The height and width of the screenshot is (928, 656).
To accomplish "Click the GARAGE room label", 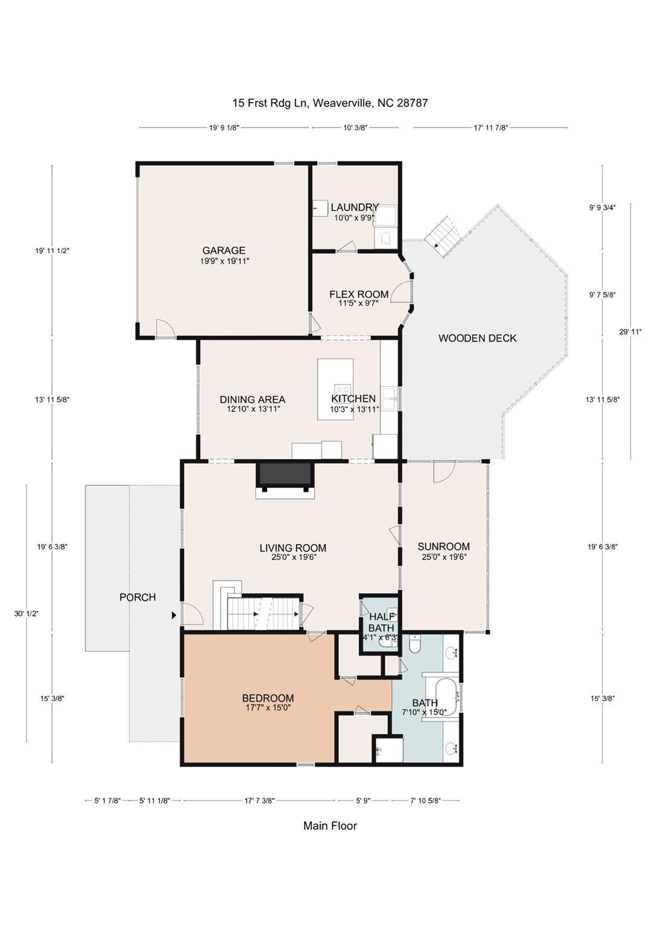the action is [223, 250].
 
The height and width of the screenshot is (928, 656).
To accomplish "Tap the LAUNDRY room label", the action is [355, 207].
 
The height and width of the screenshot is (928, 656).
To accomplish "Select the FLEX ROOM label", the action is [359, 294].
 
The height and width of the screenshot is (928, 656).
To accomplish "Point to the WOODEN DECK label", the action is [478, 338].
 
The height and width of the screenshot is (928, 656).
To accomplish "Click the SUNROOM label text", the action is [443, 546].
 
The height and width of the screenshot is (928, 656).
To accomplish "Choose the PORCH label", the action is [138, 597].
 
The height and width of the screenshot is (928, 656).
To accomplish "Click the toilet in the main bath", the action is [415, 644].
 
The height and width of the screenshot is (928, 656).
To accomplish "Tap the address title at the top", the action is [330, 103].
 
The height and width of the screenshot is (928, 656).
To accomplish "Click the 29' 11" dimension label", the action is [630, 332].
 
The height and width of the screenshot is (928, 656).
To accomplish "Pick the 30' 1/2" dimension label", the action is [26, 614].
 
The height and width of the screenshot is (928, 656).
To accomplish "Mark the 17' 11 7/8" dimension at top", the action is [490, 128].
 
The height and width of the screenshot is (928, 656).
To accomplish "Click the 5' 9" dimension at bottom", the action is [363, 801].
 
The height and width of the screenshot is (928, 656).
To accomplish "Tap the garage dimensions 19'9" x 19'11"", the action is [224, 261].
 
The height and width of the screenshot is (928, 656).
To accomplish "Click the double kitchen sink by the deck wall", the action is [390, 398].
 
